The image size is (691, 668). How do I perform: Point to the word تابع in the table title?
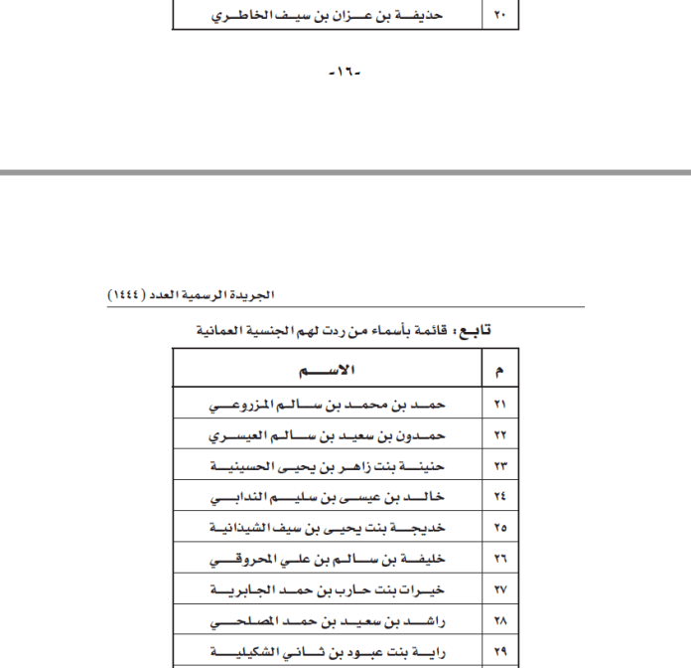tap(472, 329)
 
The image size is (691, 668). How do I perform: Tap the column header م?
tap(498, 371)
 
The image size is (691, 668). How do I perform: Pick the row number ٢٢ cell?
tap(498, 436)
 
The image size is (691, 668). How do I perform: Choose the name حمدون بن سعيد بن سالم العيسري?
tap(328, 436)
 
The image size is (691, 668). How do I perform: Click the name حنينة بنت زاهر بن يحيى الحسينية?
tap(328, 466)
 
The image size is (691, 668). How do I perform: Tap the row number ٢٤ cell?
tap(498, 496)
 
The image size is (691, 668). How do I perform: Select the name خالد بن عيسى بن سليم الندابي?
tap(328, 496)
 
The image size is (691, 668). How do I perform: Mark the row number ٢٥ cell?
tap(498, 527)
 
